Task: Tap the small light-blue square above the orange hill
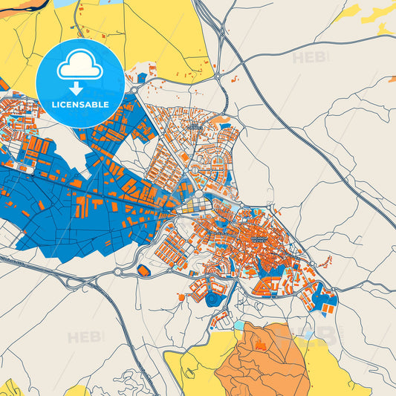pyautogui.click(x=238, y=325)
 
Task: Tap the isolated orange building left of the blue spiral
pyautogui.click(x=181, y=296)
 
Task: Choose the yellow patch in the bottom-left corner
pyautogui.click(x=11, y=388)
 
